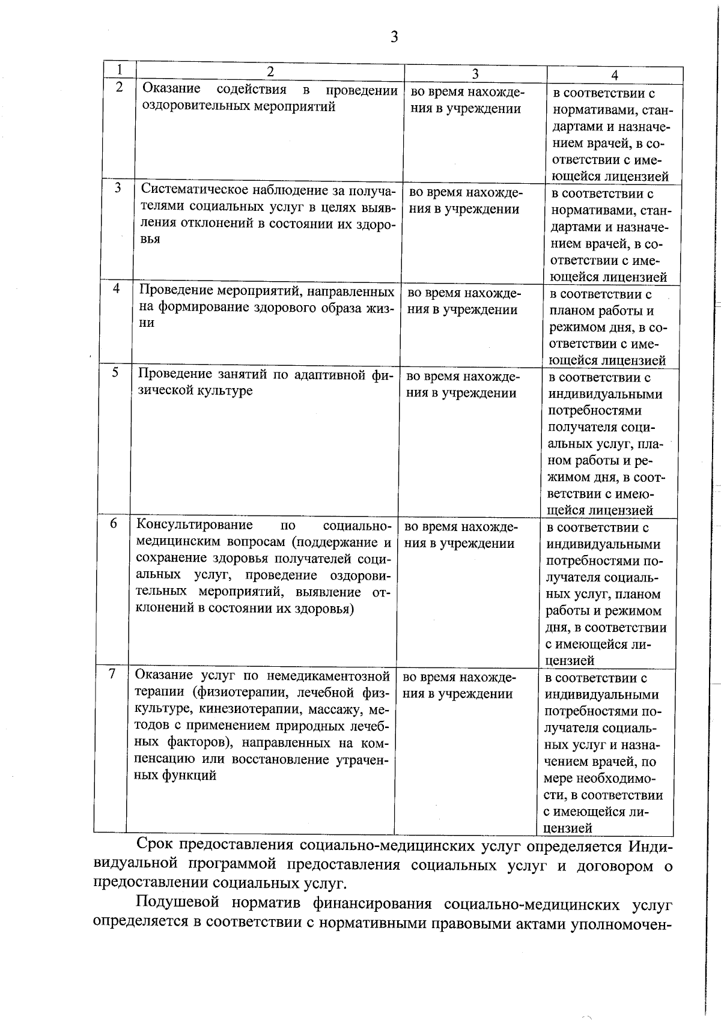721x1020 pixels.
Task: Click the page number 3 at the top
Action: (x=394, y=37)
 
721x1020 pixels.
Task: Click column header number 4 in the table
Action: (x=615, y=75)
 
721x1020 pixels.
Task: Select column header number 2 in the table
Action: (x=270, y=71)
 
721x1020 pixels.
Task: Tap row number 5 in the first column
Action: (x=115, y=373)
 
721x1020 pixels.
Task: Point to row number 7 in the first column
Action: (x=112, y=673)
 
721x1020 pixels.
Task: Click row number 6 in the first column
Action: (x=113, y=523)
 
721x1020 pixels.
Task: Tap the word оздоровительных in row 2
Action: (x=193, y=107)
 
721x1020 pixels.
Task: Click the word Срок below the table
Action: (x=155, y=845)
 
